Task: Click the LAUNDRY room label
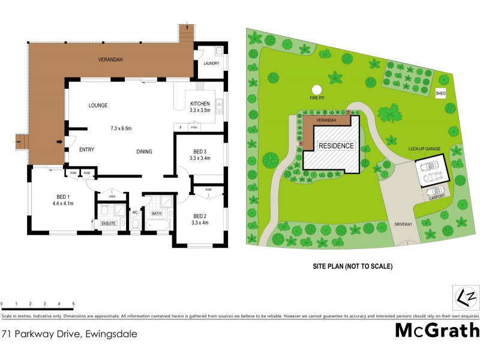pyautogui.click(x=211, y=63)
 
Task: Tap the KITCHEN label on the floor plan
pyautogui.click(x=199, y=104)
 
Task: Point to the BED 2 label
pyautogui.click(x=200, y=216)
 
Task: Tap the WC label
pyautogui.click(x=136, y=212)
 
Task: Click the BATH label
pyautogui.click(x=157, y=213)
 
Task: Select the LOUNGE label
pyautogui.click(x=98, y=106)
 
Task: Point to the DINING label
pyautogui.click(x=143, y=151)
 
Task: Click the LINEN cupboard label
pyautogui.click(x=112, y=196)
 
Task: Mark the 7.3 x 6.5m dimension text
pyautogui.click(x=124, y=128)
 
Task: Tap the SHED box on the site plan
pyautogui.click(x=441, y=94)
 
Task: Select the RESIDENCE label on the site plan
pyautogui.click(x=336, y=146)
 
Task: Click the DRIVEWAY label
pyautogui.click(x=404, y=224)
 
